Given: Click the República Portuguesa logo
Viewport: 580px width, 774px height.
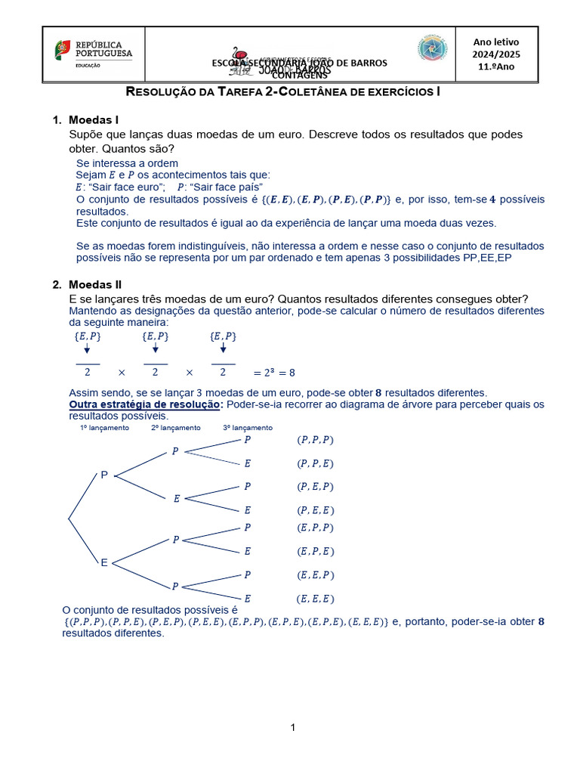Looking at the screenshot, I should coord(92,53).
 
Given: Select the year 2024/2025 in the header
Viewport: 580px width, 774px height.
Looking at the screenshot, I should coord(495,54).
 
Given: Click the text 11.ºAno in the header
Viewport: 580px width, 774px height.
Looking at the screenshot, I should coord(495,67).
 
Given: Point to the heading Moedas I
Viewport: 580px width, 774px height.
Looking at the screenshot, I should coord(94,120).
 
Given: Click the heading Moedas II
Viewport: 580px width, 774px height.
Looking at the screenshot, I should coord(95,285).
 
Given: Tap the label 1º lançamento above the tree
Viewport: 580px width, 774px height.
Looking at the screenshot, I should coord(104,428).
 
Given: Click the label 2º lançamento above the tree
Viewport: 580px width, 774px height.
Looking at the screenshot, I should coord(176,428).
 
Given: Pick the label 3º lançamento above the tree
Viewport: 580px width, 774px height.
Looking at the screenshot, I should coord(248,428).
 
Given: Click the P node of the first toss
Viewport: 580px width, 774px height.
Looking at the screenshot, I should coord(104,475).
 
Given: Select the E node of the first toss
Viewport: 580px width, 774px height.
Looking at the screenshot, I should coord(104,562).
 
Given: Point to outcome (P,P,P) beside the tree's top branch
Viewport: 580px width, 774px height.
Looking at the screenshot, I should coord(315,440).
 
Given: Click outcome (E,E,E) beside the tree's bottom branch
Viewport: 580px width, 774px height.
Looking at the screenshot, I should coord(315,599).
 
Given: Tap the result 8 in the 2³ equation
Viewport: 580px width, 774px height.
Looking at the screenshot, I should coord(292,373).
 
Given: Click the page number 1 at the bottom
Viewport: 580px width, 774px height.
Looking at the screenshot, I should coord(292,727).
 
